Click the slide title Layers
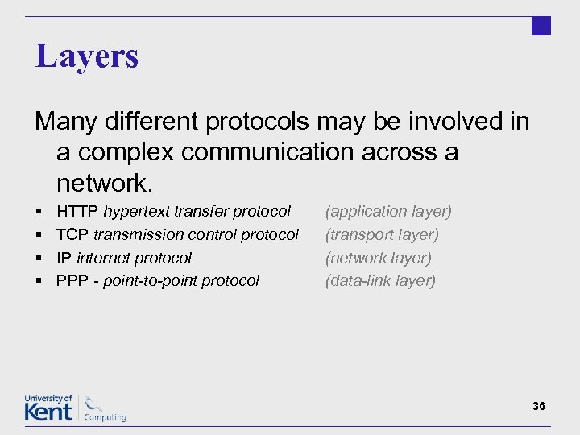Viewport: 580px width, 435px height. pyautogui.click(x=87, y=56)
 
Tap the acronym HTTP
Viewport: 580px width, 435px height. pyautogui.click(x=77, y=212)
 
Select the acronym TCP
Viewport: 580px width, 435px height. pyautogui.click(x=72, y=235)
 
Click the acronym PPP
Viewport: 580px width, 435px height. pyautogui.click(x=72, y=281)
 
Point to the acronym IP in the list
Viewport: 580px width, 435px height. pyautogui.click(x=64, y=259)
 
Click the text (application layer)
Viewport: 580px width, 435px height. pyautogui.click(x=388, y=212)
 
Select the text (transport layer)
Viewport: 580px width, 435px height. pyautogui.click(x=382, y=235)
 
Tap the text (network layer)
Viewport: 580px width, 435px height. pyautogui.click(x=379, y=259)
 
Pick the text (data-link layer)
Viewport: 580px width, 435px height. pyautogui.click(x=380, y=281)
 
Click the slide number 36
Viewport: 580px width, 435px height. pyautogui.click(x=539, y=406)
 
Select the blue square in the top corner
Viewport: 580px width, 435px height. pyautogui.click(x=541, y=26)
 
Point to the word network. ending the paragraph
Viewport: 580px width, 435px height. pyautogui.click(x=104, y=184)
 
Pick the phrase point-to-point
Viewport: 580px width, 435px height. pyautogui.click(x=152, y=281)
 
